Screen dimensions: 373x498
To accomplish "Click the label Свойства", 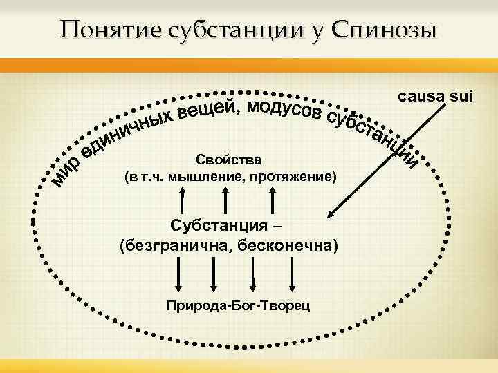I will click(230, 160).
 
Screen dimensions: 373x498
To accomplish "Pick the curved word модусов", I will click(284, 110).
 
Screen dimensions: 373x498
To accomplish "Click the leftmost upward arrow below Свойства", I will click(183, 200).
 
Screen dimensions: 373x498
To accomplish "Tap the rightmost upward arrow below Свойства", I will click(275, 200).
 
